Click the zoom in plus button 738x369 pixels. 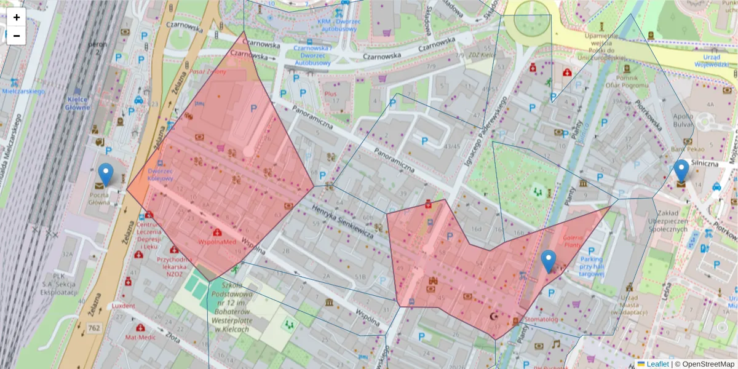(17, 17)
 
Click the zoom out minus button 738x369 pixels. (17, 36)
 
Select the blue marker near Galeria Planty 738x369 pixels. (548, 261)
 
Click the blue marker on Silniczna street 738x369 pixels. (681, 171)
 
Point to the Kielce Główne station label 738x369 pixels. (77, 103)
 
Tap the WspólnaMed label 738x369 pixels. (216, 242)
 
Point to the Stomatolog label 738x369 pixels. (541, 319)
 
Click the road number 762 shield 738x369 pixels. (93, 328)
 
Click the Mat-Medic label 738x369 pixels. (139, 337)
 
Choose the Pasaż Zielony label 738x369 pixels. (208, 71)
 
